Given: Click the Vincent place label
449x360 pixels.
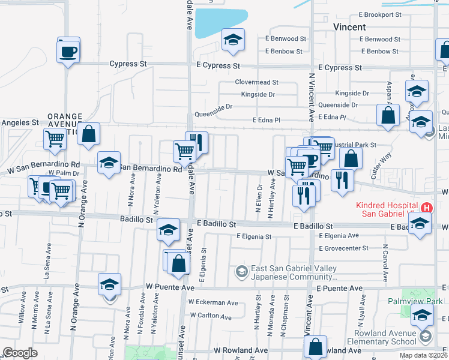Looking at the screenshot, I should (349, 27).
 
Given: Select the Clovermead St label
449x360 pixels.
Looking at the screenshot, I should (256, 82).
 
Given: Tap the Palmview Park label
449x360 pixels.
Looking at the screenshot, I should (414, 302).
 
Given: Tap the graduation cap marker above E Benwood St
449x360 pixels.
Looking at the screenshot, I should (233, 40).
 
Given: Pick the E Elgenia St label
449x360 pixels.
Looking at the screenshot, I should (254, 236).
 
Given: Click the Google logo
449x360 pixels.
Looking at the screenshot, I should (20, 353).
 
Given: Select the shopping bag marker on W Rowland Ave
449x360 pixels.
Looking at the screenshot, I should (315, 346).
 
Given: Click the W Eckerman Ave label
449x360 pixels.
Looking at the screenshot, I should (213, 302).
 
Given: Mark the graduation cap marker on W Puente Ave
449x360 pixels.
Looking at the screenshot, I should (110, 284).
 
